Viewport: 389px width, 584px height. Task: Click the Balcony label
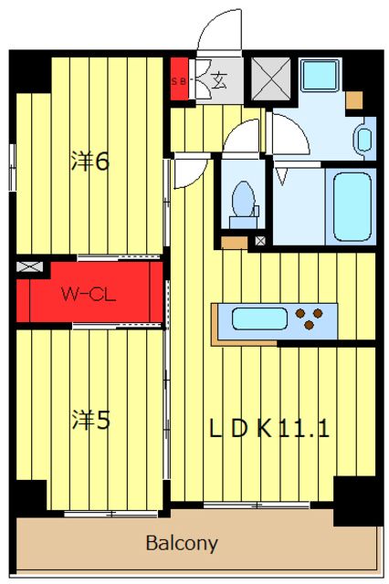[x=182, y=544]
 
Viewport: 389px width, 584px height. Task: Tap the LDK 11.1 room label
[x=269, y=428]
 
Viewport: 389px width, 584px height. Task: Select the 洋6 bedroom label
[x=90, y=162]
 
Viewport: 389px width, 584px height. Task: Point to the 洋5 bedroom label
[x=91, y=420]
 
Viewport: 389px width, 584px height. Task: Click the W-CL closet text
[x=89, y=294]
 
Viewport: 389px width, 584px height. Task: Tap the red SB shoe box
[x=179, y=79]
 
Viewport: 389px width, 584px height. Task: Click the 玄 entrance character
[x=219, y=80]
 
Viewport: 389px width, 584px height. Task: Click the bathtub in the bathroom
[x=352, y=207]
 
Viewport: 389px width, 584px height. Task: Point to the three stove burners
[x=309, y=318]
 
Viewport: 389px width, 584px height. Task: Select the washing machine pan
[x=320, y=75]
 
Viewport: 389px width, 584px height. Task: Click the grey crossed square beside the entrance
[x=271, y=79]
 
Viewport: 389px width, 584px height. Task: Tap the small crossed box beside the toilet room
[x=260, y=241]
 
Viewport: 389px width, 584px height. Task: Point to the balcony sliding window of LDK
[x=257, y=505]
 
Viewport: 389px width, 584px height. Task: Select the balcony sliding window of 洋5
[x=110, y=514]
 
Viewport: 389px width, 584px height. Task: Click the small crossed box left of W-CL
[x=29, y=266]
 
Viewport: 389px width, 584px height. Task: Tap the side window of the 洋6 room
[x=12, y=167]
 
